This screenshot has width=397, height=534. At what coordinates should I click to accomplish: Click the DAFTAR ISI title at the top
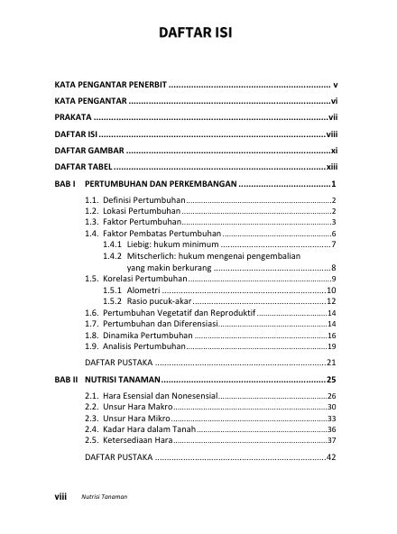coord(198,36)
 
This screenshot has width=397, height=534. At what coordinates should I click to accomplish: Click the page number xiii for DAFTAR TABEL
coord(331,168)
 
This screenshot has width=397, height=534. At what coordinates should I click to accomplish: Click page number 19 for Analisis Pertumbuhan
coord(331,346)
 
